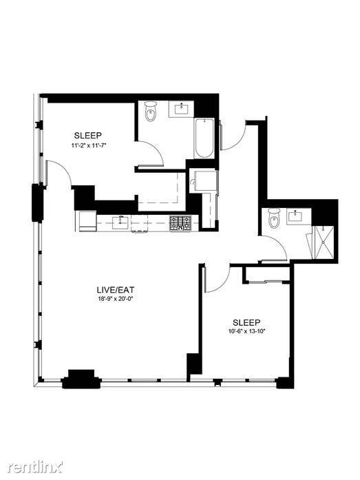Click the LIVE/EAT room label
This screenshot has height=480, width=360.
click(x=116, y=289)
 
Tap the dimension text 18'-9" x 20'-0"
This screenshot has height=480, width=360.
click(x=116, y=299)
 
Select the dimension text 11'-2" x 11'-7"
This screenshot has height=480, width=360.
click(x=88, y=146)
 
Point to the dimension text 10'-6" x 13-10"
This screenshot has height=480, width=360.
click(x=246, y=331)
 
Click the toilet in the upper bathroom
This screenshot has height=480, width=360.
click(x=151, y=112)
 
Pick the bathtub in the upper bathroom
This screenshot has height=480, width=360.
click(x=204, y=138)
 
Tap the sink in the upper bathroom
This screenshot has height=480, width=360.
click(x=181, y=109)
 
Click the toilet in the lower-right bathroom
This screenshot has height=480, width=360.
click(x=274, y=218)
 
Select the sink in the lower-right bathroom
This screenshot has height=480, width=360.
click(x=295, y=216)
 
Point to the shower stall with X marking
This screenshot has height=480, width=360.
click(x=324, y=242)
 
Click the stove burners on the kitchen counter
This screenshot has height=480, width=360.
click(x=180, y=223)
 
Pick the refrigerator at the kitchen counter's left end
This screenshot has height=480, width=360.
click(x=87, y=220)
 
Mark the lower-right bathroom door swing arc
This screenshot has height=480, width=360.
click(x=278, y=243)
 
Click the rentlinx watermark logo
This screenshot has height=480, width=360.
click(x=36, y=467)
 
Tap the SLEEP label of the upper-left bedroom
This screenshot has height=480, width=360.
click(x=88, y=135)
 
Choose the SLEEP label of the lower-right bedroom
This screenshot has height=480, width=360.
click(x=246, y=322)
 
